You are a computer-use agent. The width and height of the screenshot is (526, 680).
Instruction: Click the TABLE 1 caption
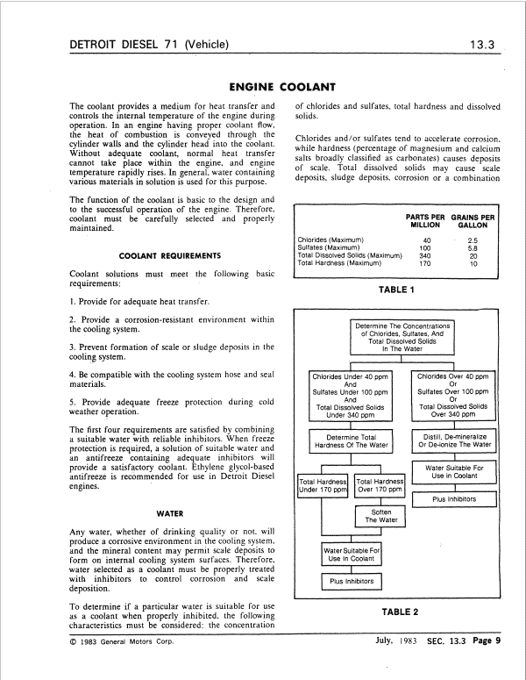tap(397, 288)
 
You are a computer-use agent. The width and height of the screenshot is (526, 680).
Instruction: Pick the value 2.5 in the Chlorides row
tap(473, 240)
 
